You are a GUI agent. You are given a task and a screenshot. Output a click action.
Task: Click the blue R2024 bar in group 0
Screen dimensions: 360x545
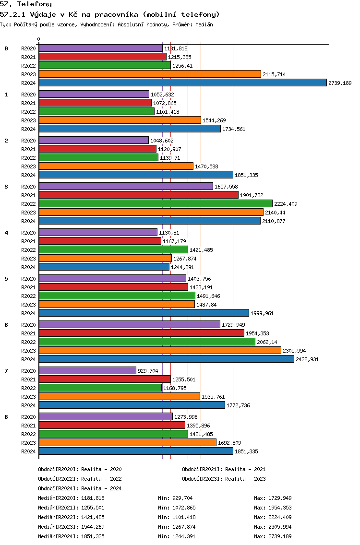tap(183, 83)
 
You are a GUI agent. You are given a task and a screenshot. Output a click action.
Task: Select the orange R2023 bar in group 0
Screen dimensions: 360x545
tap(150, 74)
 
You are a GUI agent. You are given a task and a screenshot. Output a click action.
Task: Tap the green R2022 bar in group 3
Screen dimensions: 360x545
tap(156, 204)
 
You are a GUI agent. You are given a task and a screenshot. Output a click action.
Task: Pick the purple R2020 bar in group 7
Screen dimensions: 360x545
tap(88, 370)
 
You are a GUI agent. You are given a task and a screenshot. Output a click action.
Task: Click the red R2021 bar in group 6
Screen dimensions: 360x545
tap(142, 333)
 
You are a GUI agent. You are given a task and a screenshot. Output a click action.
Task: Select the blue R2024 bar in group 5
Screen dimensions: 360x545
tap(144, 313)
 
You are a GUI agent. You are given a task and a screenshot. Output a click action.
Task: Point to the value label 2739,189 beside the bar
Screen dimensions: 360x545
tap(340, 83)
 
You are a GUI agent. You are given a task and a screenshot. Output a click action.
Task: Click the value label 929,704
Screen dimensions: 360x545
tap(148, 371)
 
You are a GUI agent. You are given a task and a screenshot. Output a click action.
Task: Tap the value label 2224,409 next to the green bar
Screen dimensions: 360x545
tap(286, 204)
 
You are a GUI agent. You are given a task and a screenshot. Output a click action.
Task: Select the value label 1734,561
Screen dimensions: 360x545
tap(234, 130)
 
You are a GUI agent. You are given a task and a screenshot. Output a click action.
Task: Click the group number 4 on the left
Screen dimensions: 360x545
tap(6, 233)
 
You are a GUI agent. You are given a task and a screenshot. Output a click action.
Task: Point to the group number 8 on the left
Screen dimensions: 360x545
tap(6, 417)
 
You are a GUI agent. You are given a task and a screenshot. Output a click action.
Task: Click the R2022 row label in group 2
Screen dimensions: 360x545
tap(28, 158)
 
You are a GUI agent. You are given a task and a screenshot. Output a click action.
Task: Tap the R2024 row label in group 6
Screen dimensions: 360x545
tap(28, 359)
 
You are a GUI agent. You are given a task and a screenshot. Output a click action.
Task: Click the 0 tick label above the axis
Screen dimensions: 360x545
tap(38, 39)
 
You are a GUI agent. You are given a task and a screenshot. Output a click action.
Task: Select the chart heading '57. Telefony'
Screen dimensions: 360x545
tap(26, 4)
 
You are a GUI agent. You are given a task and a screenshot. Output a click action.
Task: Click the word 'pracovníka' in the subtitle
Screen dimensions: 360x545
tap(116, 14)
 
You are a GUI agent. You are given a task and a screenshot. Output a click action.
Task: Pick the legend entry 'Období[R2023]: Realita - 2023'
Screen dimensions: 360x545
tap(224, 479)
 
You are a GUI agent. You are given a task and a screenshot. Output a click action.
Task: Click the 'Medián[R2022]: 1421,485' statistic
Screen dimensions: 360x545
tap(72, 517)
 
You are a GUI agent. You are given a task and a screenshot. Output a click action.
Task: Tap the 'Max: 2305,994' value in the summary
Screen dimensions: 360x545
tap(273, 527)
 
